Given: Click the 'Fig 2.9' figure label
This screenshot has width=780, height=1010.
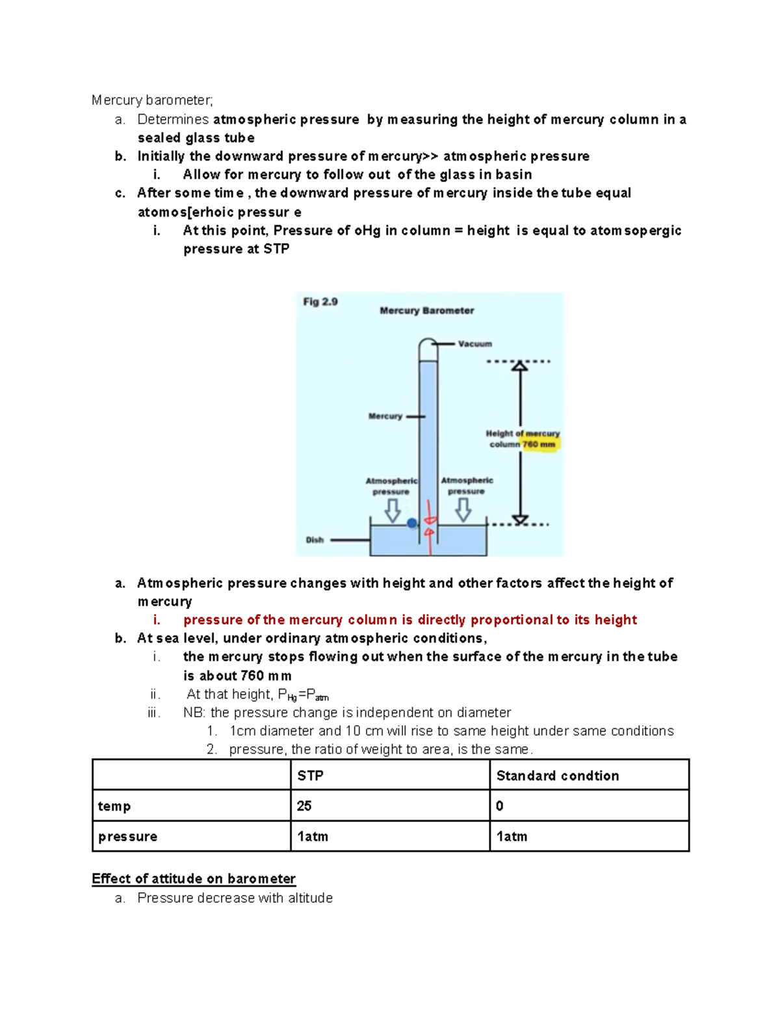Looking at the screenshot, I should click(x=320, y=302).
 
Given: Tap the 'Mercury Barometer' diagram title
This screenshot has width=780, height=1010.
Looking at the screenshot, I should click(x=426, y=311).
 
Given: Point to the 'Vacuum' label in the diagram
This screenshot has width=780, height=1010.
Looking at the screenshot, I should click(x=474, y=344).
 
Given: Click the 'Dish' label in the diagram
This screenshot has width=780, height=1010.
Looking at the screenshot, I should click(x=315, y=540).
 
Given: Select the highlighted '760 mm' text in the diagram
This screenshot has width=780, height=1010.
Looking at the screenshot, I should click(x=539, y=445).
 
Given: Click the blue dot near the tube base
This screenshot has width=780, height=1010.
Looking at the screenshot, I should click(x=411, y=523).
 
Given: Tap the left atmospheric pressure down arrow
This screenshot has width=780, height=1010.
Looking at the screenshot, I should click(x=393, y=511).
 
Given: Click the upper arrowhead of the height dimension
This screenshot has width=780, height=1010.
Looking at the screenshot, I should click(x=519, y=366).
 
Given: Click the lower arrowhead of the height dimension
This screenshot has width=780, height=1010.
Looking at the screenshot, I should click(x=519, y=519).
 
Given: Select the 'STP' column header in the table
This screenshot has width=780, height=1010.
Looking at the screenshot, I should click(x=310, y=775).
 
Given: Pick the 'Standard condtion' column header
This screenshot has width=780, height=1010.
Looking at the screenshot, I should click(x=557, y=775).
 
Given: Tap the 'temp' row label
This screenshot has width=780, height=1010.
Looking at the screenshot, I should click(x=114, y=806).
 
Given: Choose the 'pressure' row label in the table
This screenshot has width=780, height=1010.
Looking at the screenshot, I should click(x=127, y=836).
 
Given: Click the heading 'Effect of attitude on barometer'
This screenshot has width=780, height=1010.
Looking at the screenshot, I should click(x=194, y=879).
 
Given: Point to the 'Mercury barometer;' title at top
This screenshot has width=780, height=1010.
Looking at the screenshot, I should click(x=152, y=100).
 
